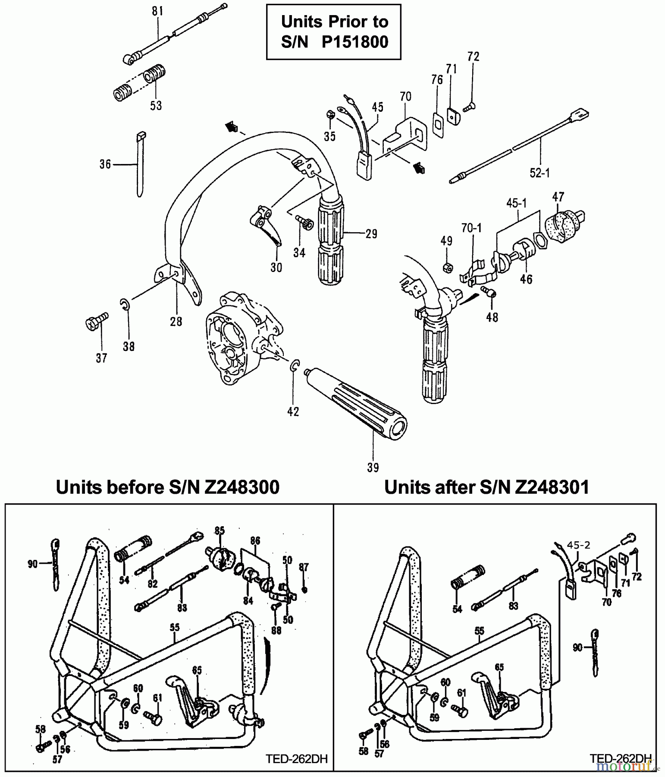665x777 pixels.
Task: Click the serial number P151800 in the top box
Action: tap(355, 42)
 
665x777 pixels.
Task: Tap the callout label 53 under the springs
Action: tap(156, 105)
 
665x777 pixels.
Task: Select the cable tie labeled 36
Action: tap(140, 164)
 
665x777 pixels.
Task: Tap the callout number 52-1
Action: tap(540, 173)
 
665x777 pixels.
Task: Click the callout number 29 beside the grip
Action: tap(371, 234)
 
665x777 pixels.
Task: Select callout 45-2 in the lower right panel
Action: tap(578, 545)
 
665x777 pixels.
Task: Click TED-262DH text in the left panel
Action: tap(297, 759)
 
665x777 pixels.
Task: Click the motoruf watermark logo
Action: tap(628, 766)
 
